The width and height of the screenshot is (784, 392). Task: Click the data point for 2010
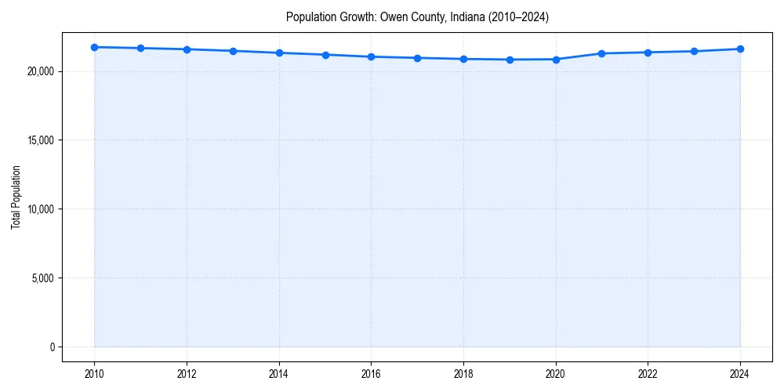coord(94,47)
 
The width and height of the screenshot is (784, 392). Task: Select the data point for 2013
coord(233,51)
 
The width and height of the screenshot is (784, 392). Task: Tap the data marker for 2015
coord(325,55)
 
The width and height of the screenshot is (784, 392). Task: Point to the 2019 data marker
coord(510,60)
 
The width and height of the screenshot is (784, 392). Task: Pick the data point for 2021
coord(601,53)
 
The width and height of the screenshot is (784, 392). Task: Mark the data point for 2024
coord(740,49)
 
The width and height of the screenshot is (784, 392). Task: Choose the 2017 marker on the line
coord(417,58)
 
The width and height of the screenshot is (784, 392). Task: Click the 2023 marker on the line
coord(694,51)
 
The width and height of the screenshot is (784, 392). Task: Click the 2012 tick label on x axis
coord(187,374)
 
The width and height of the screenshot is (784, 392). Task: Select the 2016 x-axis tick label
coord(371,374)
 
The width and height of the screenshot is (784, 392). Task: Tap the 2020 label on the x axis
coord(556,374)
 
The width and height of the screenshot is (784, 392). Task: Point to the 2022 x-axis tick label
coord(648,374)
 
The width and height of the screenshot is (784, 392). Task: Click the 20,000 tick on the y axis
coord(40,71)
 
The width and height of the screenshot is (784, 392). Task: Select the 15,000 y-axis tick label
coord(40,140)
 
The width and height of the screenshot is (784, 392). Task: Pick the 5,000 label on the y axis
coord(42,278)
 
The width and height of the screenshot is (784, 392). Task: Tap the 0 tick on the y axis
coord(52,347)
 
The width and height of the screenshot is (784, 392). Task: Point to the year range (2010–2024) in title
coord(517,16)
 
